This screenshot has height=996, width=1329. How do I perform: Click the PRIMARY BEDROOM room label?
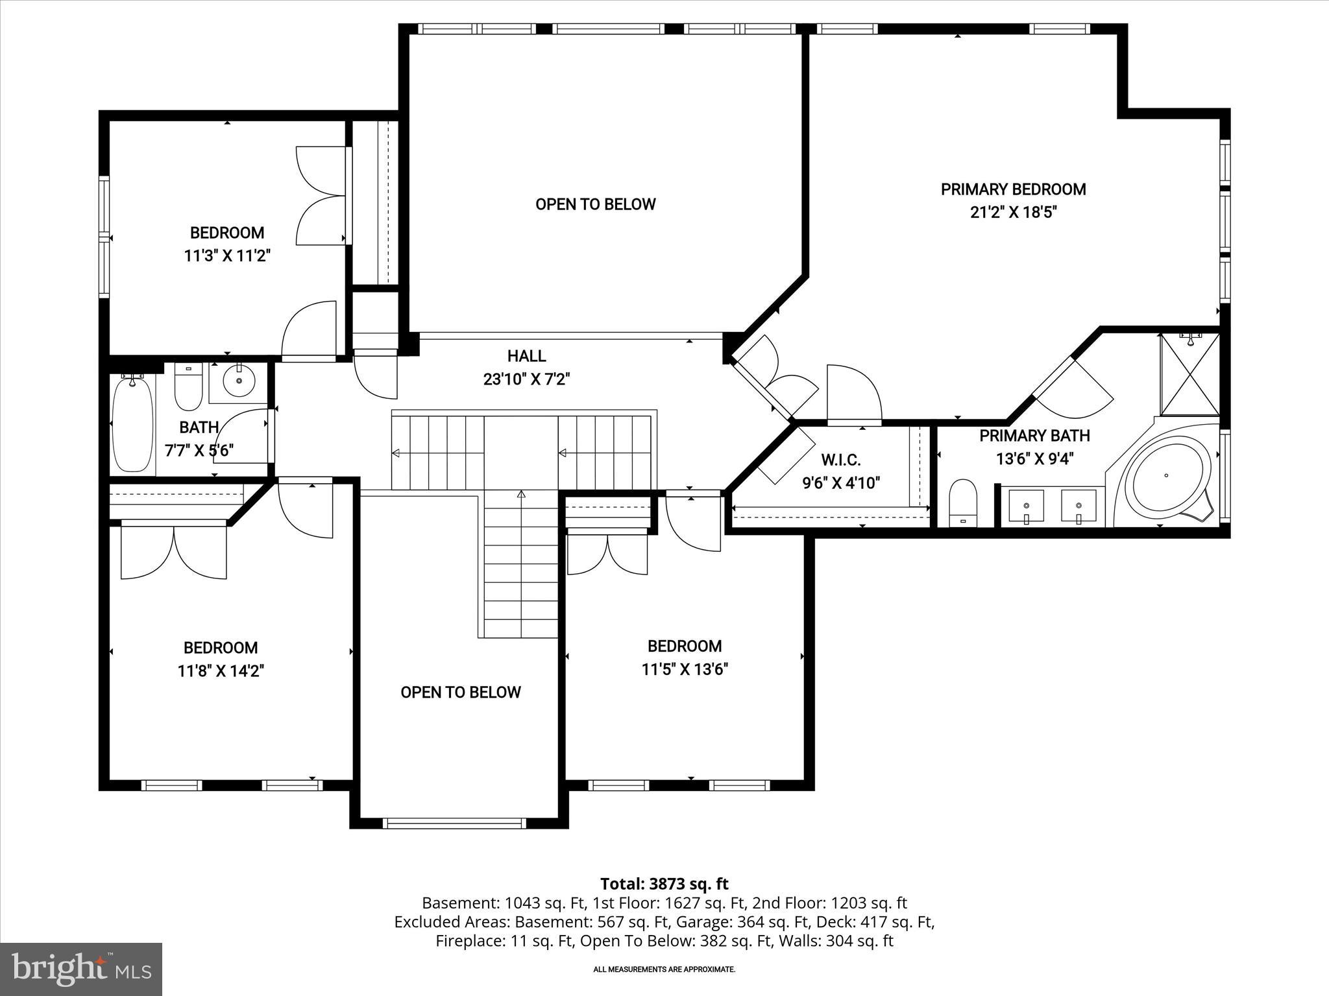click(1013, 189)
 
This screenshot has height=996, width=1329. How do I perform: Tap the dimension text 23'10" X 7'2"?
click(526, 379)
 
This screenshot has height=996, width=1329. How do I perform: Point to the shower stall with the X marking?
click(1189, 375)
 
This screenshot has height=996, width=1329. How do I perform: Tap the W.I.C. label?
click(841, 460)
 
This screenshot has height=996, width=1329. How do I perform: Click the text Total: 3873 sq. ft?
click(664, 884)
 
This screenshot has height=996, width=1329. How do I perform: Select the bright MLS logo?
click(81, 969)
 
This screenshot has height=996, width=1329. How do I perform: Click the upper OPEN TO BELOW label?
click(595, 204)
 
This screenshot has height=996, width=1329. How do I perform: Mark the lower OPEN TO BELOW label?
click(460, 693)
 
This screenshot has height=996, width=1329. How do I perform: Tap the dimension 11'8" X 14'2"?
click(221, 670)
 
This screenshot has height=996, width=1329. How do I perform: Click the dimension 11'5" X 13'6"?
click(685, 669)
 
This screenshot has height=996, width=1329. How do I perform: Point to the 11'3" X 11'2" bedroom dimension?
click(226, 255)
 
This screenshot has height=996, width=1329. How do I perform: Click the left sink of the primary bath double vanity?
click(1026, 506)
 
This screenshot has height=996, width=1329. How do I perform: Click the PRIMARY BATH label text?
click(1034, 436)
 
